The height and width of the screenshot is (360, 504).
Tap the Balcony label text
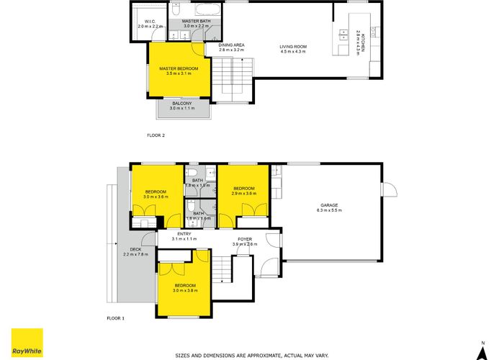[181, 106]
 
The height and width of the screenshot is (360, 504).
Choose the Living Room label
[293, 48]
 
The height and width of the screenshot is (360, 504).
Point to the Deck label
[135, 251]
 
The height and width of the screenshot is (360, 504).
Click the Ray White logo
[27, 342]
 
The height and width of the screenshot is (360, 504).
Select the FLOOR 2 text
[156, 135]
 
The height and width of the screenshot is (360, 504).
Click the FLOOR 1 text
[116, 318]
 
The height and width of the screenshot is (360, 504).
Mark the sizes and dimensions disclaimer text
[251, 356]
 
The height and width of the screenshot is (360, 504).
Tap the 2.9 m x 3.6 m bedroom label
[243, 191]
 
